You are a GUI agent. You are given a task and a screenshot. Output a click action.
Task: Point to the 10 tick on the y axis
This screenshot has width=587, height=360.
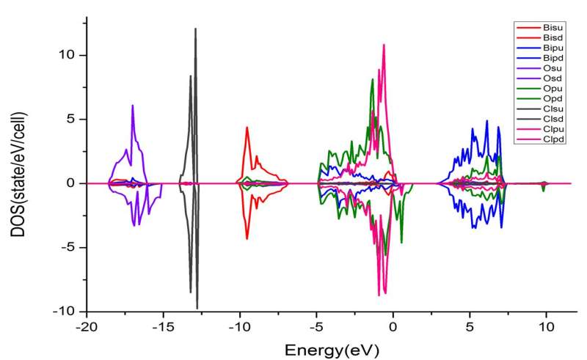(67, 55)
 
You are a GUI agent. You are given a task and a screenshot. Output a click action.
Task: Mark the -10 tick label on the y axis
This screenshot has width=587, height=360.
(62, 311)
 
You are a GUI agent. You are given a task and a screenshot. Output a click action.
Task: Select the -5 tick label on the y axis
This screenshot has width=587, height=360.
(65, 247)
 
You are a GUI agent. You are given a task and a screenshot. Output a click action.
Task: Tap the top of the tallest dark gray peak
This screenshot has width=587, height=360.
(196, 29)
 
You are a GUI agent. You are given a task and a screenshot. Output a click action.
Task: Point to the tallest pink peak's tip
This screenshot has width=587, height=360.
(384, 45)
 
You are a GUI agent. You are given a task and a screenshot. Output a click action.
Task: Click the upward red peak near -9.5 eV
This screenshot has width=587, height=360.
(247, 128)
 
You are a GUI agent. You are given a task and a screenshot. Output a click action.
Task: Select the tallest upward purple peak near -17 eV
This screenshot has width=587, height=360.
(133, 106)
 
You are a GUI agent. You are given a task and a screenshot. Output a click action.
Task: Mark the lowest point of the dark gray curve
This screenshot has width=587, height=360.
(197, 307)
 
